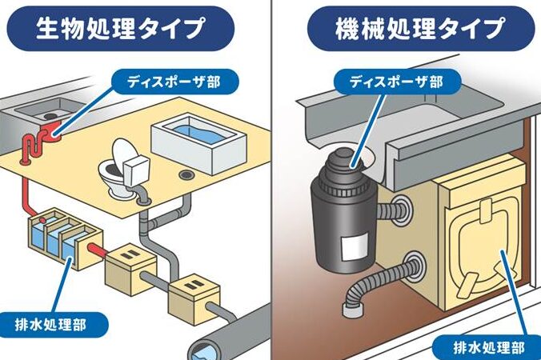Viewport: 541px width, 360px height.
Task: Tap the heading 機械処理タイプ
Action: click(407, 30)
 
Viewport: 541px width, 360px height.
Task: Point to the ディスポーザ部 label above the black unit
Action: click(394, 81)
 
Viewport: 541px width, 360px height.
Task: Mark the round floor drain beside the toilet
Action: click(186, 174)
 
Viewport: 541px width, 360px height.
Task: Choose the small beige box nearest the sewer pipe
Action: click(190, 294)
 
